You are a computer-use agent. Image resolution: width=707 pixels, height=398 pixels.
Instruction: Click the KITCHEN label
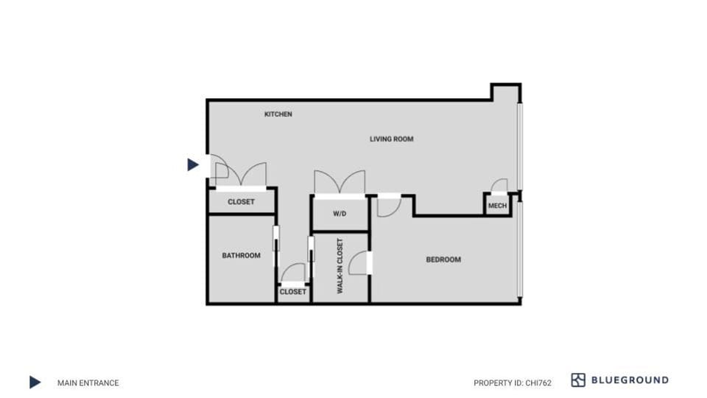tap(278, 114)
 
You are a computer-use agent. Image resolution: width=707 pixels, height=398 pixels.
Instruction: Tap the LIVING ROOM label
tap(391, 139)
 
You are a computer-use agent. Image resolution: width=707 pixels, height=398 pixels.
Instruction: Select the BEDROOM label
tap(443, 259)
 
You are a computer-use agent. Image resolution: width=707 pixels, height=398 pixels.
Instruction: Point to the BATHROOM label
tap(242, 256)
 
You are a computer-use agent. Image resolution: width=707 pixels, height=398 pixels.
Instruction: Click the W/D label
tap(340, 214)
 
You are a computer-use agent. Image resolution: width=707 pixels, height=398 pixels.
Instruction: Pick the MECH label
tap(497, 206)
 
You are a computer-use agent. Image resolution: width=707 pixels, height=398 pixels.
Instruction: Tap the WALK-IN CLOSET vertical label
tap(340, 266)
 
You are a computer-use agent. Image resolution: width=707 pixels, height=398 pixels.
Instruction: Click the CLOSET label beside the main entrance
tap(241, 202)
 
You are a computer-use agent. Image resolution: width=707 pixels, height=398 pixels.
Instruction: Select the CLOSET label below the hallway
tap(292, 292)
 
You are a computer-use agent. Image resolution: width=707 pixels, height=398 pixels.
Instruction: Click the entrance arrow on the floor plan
tap(193, 164)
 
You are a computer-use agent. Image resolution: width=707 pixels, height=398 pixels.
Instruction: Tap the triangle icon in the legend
tap(35, 382)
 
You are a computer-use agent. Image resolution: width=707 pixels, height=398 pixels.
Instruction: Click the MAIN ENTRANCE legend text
tap(88, 383)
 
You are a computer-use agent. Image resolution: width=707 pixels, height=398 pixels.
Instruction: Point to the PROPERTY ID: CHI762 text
tap(513, 383)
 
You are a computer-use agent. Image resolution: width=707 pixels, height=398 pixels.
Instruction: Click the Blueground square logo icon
tap(578, 380)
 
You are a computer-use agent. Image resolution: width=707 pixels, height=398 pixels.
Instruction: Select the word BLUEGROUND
tap(630, 380)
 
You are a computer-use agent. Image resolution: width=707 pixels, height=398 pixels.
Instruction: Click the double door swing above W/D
tap(340, 182)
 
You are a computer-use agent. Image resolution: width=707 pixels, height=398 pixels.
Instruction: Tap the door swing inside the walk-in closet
tap(359, 264)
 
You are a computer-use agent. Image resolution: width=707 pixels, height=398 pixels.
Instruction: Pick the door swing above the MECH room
tap(499, 185)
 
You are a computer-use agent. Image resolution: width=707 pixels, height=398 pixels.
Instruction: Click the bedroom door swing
tap(387, 206)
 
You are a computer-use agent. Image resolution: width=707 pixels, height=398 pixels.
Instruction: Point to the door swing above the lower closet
tap(294, 273)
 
